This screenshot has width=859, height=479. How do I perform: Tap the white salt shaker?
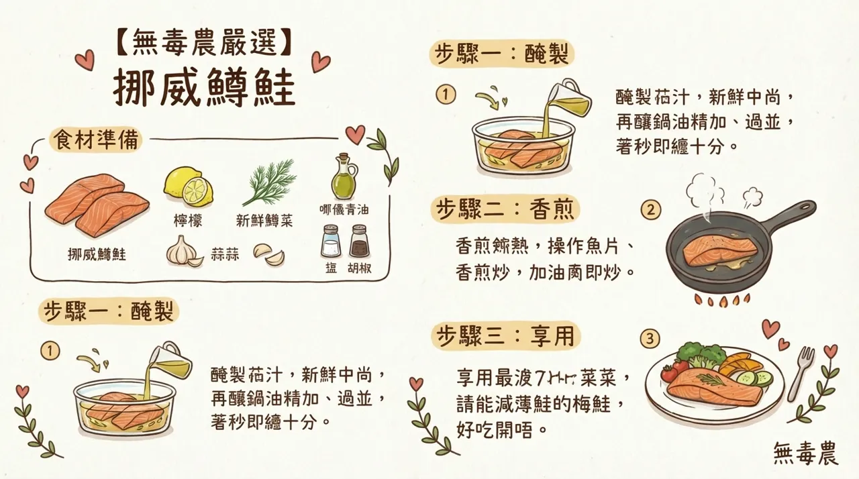pos(331,241)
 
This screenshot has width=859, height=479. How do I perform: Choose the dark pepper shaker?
pos(359,241)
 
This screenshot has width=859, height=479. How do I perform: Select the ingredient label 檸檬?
pos(188,221)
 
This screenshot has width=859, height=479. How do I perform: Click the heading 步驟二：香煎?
pos(504,210)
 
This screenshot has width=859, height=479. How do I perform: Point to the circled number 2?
pos(649,210)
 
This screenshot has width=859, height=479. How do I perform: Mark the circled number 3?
pos(649,339)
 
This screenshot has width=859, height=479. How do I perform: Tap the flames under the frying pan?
pos(721,300)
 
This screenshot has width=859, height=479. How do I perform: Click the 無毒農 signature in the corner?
pos(805,453)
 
